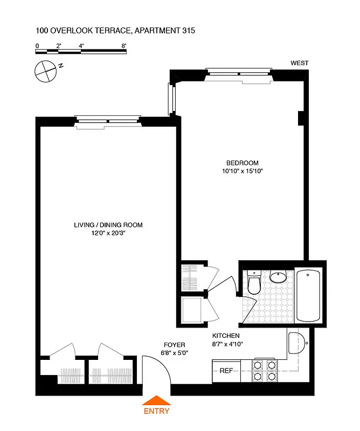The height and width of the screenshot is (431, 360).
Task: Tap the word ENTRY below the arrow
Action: point(156,411)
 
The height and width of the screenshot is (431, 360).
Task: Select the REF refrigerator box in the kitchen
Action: point(225,371)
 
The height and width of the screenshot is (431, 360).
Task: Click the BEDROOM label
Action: point(242,163)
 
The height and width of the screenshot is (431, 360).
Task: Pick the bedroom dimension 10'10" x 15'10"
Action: point(242,171)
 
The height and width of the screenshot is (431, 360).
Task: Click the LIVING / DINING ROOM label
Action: point(108,225)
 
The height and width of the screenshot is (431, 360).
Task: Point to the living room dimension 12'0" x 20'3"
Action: point(108,233)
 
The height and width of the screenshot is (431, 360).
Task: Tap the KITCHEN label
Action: point(225,335)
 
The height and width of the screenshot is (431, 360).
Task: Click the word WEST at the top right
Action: point(299,63)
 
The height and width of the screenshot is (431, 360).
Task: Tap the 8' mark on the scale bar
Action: point(124,46)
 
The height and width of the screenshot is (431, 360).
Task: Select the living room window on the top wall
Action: point(108,120)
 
